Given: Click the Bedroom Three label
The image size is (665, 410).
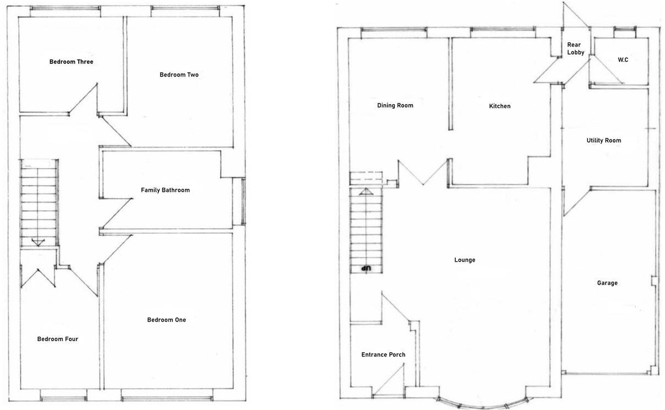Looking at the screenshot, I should click(71, 62).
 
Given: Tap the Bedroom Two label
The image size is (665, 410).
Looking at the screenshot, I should click(179, 75).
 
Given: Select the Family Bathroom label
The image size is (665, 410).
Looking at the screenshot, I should click(165, 190).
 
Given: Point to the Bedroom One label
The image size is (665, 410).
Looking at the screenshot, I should click(166, 320).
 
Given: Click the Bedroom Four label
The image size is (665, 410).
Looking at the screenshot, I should click(57, 339).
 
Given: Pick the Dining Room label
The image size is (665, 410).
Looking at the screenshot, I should click(395, 105).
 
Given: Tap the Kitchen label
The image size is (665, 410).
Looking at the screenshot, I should click(499, 106).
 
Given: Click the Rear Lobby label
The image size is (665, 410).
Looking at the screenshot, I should click(575, 48).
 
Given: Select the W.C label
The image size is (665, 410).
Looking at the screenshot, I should click(623, 60).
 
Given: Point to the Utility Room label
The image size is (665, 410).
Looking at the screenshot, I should click(603, 141).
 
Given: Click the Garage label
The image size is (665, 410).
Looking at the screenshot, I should click(607, 283).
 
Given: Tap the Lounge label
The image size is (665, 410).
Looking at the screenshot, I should click(465, 260).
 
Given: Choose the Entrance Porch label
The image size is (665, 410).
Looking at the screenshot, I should click(383, 354).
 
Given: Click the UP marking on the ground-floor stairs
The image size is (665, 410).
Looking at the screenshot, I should click(366, 268).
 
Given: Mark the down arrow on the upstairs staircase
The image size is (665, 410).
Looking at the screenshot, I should click(38, 242).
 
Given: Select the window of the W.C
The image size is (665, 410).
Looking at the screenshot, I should click(625, 29).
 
